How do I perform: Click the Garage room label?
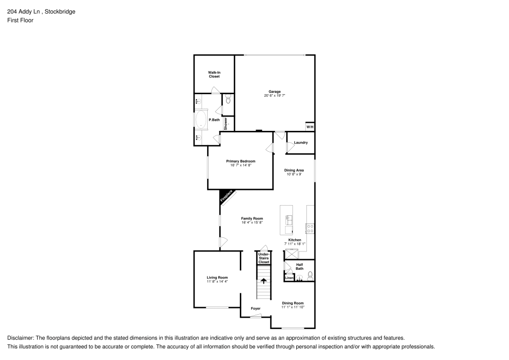275,92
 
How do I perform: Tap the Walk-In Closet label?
214,74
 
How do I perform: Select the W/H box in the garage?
309,126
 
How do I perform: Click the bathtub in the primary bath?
200,121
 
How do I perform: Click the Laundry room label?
301,143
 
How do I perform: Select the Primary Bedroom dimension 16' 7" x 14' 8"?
241,165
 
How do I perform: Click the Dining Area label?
294,170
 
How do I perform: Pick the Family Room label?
252,218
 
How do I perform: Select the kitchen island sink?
289,220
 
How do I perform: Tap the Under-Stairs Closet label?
264,258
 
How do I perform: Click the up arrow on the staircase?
264,281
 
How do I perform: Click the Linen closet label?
289,278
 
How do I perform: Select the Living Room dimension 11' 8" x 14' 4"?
217,282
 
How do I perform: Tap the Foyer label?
256,309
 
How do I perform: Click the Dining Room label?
293,303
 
